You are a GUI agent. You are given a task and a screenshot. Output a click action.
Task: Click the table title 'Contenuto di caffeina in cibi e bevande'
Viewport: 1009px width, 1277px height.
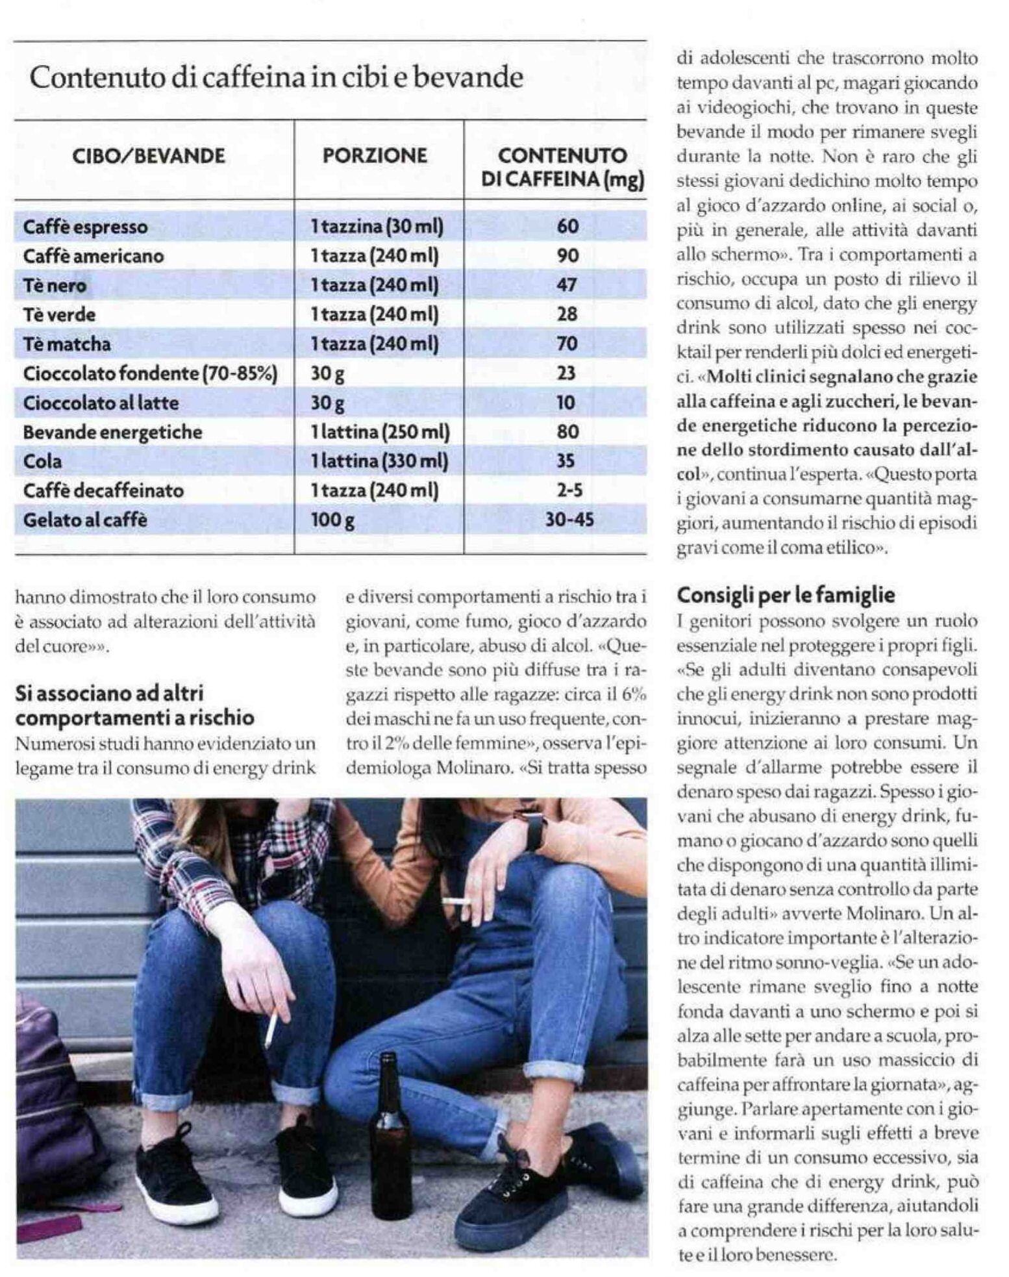coord(277,78)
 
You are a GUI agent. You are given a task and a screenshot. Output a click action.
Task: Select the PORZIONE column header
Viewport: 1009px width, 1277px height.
coord(375,156)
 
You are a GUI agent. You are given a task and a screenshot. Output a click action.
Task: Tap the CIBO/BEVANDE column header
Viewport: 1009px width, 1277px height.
coord(149,157)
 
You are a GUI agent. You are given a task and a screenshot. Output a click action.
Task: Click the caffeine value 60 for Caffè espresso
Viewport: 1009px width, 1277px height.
coord(567,227)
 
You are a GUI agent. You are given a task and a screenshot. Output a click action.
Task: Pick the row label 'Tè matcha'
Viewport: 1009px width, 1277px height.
coord(67,344)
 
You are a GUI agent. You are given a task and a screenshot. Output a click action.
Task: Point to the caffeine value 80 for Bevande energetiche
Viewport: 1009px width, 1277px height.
coord(567,432)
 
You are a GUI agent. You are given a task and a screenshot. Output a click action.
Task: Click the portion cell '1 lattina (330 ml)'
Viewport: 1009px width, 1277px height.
coord(379,461)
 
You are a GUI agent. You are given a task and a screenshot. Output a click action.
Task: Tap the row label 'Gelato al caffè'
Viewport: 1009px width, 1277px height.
coord(85,520)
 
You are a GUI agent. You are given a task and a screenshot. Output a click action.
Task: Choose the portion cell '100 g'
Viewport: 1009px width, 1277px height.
coord(332,520)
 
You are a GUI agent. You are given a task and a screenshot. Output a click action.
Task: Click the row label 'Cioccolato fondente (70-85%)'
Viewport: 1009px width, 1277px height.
coord(150,373)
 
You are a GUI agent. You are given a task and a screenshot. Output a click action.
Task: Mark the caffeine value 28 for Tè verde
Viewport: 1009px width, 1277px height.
coord(567,314)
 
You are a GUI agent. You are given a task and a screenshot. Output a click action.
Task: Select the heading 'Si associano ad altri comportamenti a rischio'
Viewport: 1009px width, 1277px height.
coord(135,705)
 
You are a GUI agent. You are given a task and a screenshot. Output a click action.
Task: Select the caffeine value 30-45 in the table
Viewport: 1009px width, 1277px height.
coord(569,520)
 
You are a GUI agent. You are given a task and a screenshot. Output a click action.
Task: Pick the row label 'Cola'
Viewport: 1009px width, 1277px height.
coord(43,461)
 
